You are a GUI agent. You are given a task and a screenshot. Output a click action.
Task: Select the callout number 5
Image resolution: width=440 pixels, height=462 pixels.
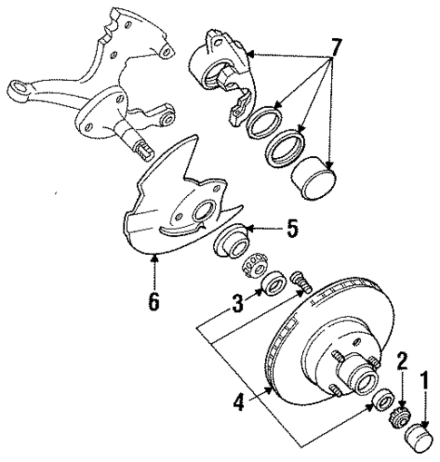tap(291, 230)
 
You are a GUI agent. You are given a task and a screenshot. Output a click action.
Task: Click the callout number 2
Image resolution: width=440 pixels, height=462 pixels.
tap(401, 361)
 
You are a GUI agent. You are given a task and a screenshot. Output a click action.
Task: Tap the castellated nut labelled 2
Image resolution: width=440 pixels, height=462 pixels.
tap(396, 419)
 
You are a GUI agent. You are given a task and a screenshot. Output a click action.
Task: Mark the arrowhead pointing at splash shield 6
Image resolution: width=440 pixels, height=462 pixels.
tap(154, 261)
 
